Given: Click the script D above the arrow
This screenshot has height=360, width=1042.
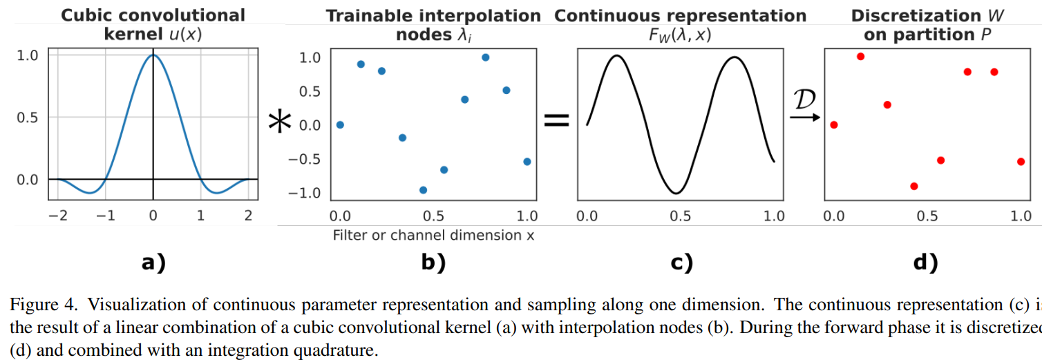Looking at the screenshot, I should click(x=803, y=101).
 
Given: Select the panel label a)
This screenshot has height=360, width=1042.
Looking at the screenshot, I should click(x=153, y=263).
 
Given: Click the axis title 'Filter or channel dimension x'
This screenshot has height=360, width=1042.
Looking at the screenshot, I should click(x=433, y=236).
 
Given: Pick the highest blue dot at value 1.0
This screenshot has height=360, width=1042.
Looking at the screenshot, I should click(x=486, y=57).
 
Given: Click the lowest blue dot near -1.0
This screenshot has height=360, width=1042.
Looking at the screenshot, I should click(x=424, y=190).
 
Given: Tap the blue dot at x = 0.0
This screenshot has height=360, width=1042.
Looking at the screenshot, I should click(x=340, y=125).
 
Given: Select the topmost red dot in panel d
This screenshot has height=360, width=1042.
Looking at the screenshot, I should click(x=860, y=57).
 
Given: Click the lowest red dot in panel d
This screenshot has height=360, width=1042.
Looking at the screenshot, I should click(x=914, y=186).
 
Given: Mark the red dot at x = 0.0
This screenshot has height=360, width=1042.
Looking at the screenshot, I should click(x=834, y=125).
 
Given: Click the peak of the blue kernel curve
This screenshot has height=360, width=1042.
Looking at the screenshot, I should click(x=153, y=56).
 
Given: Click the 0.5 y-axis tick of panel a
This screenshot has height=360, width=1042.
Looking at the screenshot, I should click(x=27, y=117).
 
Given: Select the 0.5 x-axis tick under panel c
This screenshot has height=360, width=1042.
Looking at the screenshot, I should click(x=680, y=216).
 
